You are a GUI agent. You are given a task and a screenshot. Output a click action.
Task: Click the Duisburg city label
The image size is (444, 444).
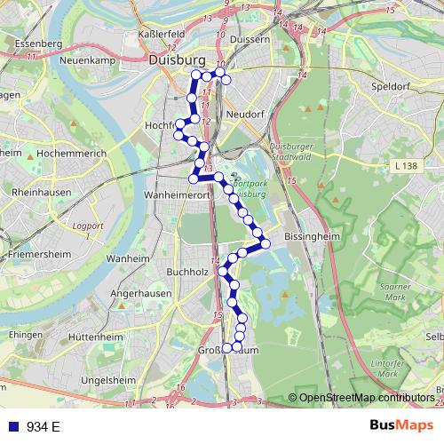point(178,60)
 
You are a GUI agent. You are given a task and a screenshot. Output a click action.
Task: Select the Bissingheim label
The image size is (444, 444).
point(310,238)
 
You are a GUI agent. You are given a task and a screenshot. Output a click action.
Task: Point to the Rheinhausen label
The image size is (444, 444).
point(36,192)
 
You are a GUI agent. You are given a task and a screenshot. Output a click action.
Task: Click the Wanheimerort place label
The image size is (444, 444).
point(179,192)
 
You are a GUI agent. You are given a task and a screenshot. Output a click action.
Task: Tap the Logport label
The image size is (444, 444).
point(91,226)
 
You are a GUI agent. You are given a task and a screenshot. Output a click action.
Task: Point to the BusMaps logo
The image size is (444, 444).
point(400,426)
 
